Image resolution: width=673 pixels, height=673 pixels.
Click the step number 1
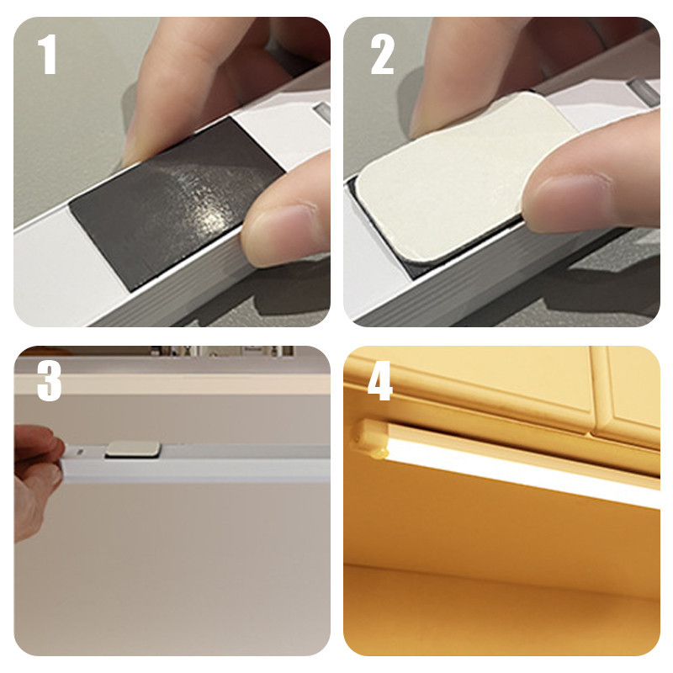point(47,55)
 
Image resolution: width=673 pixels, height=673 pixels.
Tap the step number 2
point(382,55)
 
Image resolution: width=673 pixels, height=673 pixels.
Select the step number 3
point(49,380)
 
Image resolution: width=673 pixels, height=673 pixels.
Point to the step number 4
point(380,380)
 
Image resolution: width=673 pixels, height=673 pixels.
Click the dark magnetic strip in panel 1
point(178,204)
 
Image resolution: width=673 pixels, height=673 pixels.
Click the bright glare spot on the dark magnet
point(211,218)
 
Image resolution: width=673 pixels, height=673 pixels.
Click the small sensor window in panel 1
point(322,113)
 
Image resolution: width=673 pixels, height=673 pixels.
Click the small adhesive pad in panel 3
point(134,449)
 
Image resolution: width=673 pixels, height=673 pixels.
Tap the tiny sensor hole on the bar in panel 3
point(79,452)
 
